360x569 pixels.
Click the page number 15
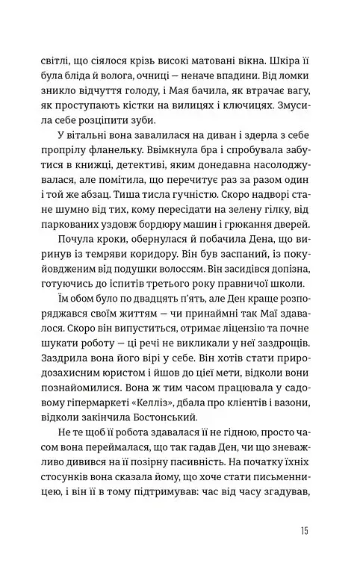(x=302, y=531)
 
